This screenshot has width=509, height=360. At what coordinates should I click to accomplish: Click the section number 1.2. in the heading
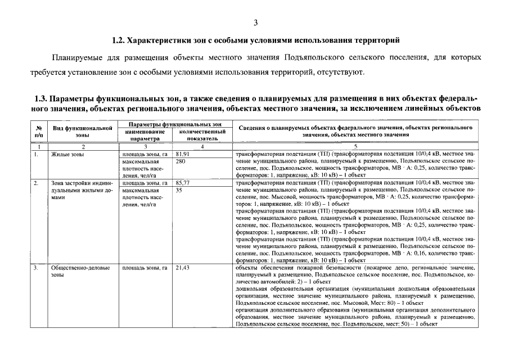coord(120,41)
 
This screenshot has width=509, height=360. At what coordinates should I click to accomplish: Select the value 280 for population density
coord(181,161)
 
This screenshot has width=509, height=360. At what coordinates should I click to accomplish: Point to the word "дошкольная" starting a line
coord(250,289)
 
